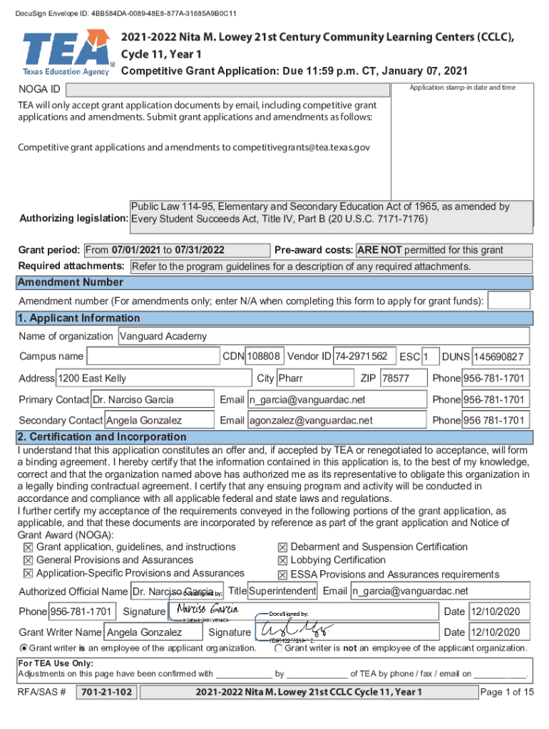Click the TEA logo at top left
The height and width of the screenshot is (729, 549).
pos(66,52)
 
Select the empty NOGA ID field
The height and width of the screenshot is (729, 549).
pos(228,90)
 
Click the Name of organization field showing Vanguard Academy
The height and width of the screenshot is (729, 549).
pos(323,336)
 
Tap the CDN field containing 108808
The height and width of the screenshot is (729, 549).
pos(265,356)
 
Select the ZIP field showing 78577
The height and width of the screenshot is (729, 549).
pos(403,378)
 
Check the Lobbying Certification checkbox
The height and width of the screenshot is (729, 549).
pos(282,561)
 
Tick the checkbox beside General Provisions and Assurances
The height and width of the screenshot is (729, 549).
pos(28,561)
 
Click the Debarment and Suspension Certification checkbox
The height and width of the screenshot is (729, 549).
pos(282,547)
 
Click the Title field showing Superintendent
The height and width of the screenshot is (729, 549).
pos(282,591)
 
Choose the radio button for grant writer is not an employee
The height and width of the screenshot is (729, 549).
pos(278,649)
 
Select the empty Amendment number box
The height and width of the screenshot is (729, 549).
pos(508,301)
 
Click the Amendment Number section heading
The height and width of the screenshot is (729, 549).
pos(71,282)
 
